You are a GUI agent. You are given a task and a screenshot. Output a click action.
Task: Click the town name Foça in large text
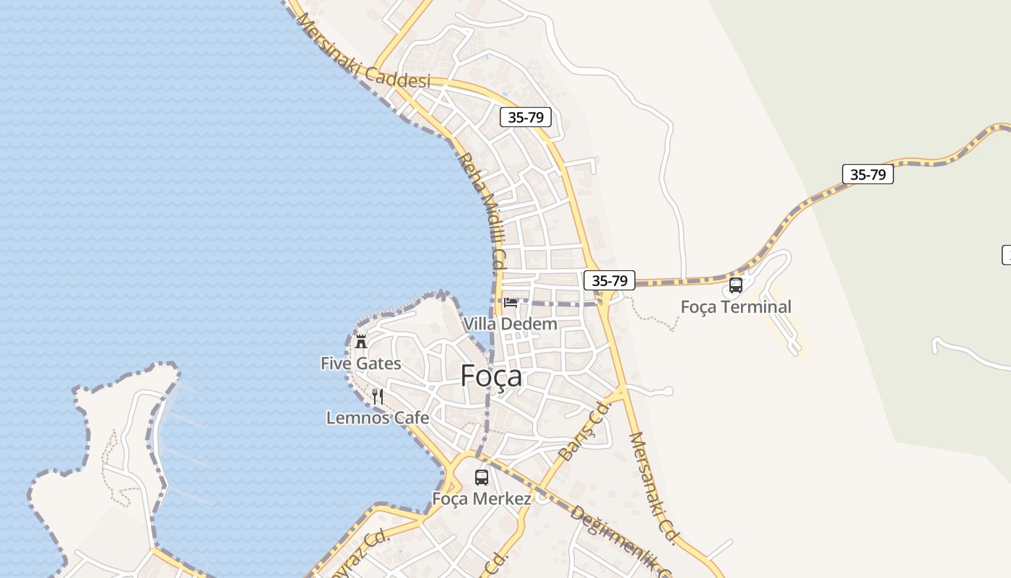(x=491, y=376)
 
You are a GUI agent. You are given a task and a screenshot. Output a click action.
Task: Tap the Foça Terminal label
(x=736, y=307)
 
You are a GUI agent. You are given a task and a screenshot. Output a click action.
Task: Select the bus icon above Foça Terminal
(x=736, y=285)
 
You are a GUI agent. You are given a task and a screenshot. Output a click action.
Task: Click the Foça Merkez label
(x=482, y=499)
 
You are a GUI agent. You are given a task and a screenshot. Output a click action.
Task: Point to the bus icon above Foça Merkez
(x=482, y=478)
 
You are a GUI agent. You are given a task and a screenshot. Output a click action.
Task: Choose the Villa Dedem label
(x=511, y=324)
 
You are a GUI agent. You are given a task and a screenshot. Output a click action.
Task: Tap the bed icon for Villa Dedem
(x=511, y=302)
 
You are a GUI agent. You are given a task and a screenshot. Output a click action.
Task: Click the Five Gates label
(x=361, y=363)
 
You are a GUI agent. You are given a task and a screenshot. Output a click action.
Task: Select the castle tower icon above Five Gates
(x=361, y=341)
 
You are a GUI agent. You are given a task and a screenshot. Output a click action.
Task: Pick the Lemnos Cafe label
(x=378, y=418)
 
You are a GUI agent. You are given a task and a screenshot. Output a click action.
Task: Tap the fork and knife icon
(x=378, y=396)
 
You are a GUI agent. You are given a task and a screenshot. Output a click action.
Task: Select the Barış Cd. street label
(x=585, y=432)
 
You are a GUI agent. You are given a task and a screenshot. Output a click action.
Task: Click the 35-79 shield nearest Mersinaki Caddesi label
(x=526, y=117)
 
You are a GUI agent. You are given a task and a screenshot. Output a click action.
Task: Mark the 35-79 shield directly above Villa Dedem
(x=609, y=280)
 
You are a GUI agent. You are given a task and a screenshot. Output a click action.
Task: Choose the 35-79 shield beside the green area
(x=867, y=174)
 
